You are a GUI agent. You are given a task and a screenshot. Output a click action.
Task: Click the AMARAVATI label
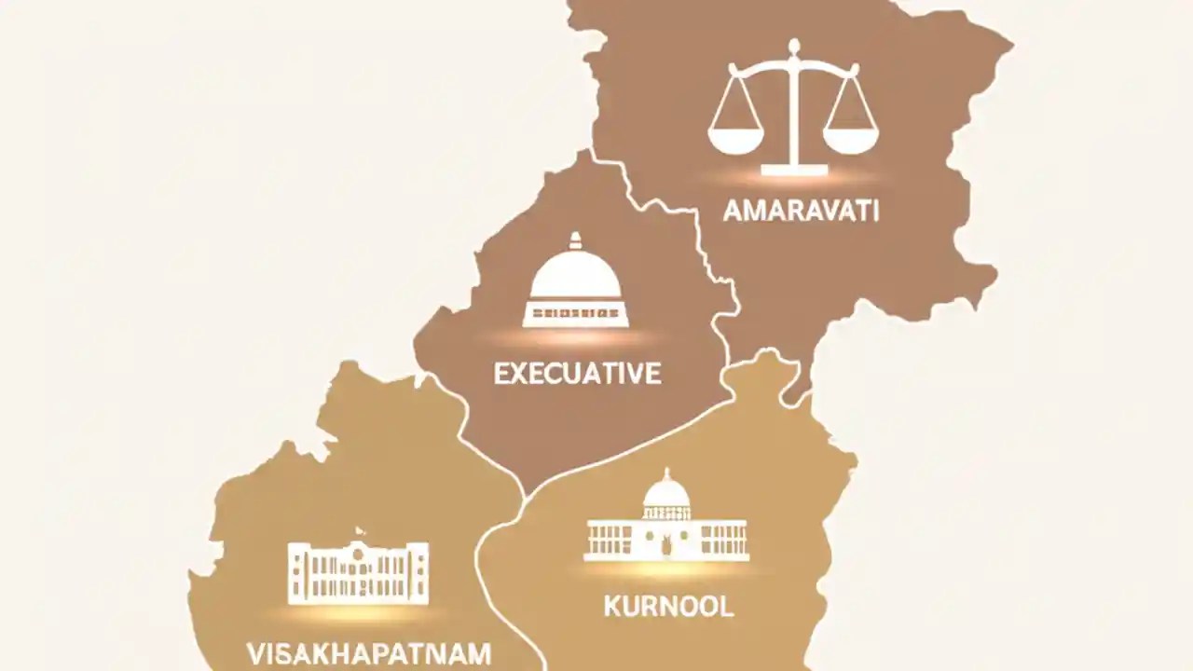801,211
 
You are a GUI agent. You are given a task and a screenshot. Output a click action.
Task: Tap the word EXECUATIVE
577,374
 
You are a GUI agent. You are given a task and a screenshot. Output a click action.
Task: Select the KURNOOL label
668,607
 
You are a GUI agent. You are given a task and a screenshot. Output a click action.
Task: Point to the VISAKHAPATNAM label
371,652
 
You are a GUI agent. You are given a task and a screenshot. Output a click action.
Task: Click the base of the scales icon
793,170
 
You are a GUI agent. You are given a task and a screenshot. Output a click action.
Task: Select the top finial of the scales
793,45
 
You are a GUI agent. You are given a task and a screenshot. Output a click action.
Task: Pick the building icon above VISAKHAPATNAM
359,571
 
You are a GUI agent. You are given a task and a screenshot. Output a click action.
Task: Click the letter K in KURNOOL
611,607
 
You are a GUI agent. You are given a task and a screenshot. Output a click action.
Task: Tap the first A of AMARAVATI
733,211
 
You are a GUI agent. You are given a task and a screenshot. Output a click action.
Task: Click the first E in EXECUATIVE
501,374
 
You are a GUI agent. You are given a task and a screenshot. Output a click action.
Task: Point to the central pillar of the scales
793,112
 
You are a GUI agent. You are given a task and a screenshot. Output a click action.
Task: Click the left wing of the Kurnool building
611,541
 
